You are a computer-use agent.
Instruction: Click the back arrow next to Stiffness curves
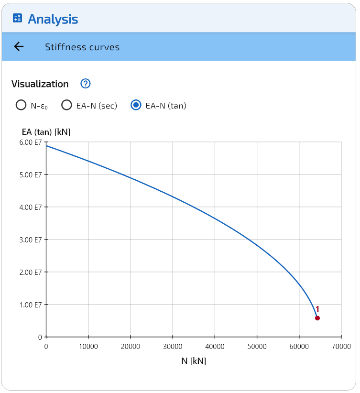[19, 46]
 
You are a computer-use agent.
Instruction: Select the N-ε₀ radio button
[21, 105]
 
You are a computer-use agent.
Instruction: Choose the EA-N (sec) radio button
[66, 105]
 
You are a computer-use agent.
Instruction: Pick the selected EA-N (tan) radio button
[136, 105]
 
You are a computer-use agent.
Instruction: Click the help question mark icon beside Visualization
[86, 84]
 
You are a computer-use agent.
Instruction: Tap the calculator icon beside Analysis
[17, 19]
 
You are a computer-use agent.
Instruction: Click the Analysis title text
[53, 19]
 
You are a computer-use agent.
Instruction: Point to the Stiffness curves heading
[82, 47]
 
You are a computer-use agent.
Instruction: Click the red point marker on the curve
[317, 318]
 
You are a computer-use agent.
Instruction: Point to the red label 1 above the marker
[317, 309]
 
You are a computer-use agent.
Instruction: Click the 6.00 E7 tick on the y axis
[31, 142]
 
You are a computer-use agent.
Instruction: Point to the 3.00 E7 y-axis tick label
[31, 240]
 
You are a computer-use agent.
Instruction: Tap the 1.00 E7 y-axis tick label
[31, 305]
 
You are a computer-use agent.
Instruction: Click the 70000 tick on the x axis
[341, 346]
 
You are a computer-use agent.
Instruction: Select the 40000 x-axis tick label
[214, 346]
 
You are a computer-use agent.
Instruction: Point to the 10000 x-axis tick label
[88, 346]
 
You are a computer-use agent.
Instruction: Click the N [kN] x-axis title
[194, 361]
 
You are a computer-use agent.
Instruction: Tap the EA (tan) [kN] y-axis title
[46, 132]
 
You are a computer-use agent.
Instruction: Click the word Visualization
[40, 84]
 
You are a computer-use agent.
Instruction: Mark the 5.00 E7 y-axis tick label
[31, 175]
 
